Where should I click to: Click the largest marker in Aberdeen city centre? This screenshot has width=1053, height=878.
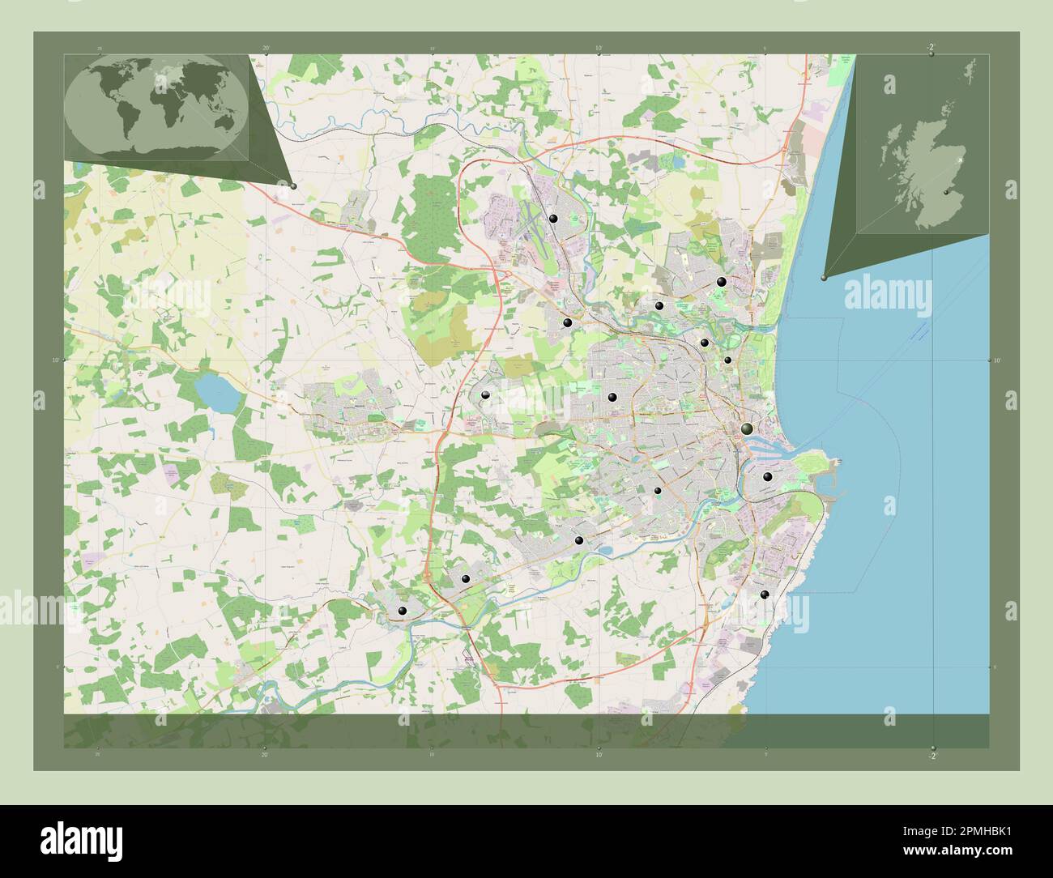click(746, 428)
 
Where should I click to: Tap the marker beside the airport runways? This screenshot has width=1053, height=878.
click(553, 218)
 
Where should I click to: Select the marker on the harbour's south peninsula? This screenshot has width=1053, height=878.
click(766, 477)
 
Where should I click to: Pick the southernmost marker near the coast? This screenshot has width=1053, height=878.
click(764, 595)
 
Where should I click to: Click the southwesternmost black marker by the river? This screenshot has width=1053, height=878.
click(402, 611)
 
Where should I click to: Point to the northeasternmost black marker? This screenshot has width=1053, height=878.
click(721, 282)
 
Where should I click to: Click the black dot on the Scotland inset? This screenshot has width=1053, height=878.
click(945, 192)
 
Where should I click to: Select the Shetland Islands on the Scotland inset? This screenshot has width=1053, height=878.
click(969, 69)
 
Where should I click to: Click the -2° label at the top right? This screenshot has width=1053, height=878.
click(932, 47)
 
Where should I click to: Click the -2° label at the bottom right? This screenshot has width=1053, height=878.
click(932, 757)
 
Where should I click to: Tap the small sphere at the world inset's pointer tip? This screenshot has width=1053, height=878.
click(293, 186)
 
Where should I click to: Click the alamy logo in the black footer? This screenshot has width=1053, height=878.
click(81, 840)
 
